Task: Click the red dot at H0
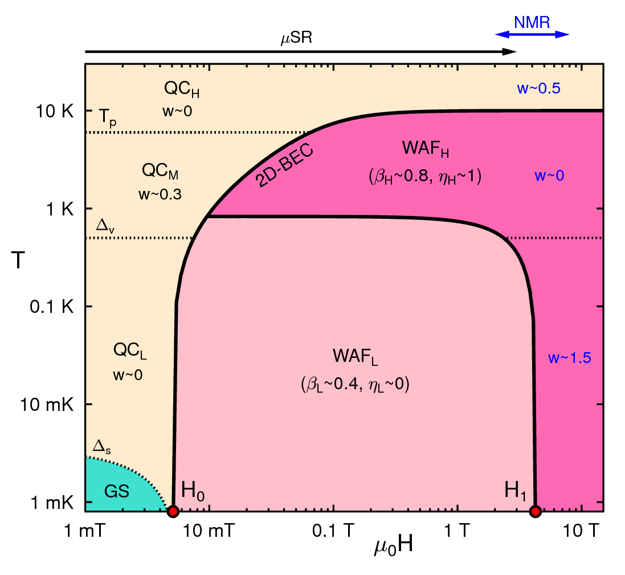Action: [x=173, y=511]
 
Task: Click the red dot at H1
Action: [x=534, y=511]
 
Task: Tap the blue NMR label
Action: [x=532, y=22]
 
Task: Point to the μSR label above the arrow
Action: [x=297, y=40]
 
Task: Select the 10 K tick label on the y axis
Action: [x=55, y=111]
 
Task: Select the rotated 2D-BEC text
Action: [x=285, y=166]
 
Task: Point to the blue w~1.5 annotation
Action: [x=570, y=358]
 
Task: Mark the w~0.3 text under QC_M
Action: [x=160, y=194]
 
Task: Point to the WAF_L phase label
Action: [x=356, y=358]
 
